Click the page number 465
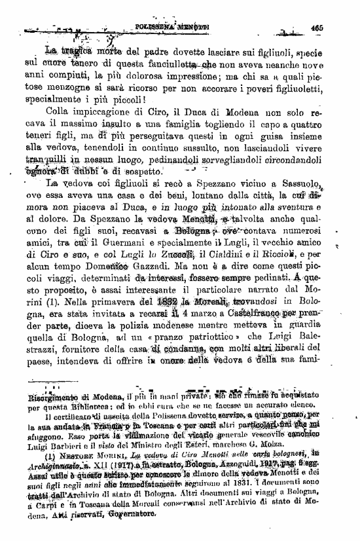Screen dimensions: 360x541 [x=317, y=28]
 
